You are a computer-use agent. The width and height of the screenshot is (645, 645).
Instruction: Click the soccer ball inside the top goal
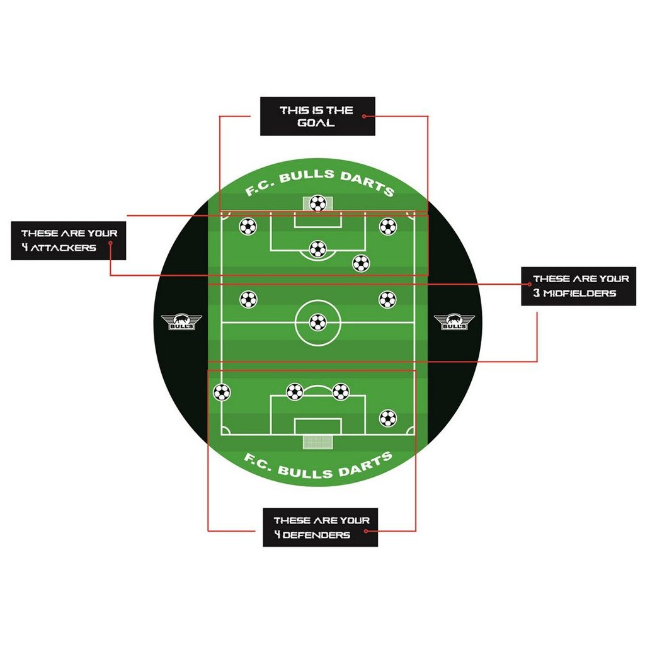(318, 203)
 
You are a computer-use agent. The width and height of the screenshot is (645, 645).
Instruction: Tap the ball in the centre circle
(318, 323)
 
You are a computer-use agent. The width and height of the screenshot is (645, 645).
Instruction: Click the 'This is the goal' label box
(317, 116)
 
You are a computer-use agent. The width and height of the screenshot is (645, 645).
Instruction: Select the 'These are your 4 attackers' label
(69, 240)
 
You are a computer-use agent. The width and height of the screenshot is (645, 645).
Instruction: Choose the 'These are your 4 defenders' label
(320, 527)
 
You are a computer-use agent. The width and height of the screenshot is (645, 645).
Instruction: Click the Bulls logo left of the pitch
(181, 322)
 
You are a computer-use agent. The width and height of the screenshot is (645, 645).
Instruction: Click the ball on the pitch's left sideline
(221, 392)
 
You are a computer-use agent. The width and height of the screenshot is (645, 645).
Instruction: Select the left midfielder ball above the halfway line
(249, 299)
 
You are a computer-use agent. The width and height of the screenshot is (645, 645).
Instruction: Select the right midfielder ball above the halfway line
(387, 299)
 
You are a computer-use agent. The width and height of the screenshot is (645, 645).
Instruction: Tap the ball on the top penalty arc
(318, 249)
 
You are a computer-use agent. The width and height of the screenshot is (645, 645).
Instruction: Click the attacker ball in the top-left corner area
(248, 226)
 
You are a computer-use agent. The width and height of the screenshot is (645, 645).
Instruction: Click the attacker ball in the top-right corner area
(387, 226)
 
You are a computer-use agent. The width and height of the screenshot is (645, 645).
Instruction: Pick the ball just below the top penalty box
(361, 263)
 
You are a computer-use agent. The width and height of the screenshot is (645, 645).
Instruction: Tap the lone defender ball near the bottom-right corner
(387, 418)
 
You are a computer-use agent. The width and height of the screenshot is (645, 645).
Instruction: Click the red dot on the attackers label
(110, 242)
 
